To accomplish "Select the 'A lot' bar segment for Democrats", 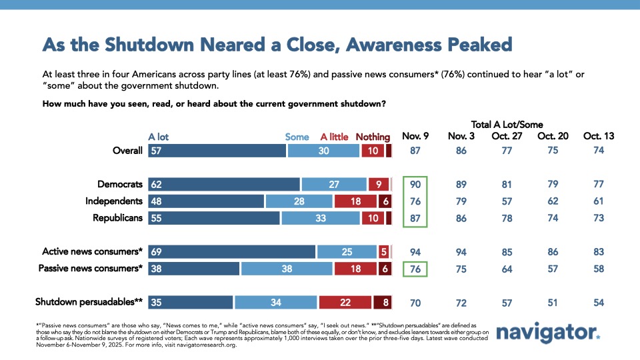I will point(223,183).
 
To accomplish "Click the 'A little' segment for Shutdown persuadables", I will point(345,301).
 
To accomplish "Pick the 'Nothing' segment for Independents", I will point(385,201).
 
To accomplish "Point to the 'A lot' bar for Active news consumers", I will point(231,251).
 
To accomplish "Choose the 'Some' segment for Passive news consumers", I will point(287,269).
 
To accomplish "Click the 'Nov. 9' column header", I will point(415,136).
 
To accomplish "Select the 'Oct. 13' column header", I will point(598,136).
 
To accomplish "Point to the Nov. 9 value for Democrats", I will point(415,183).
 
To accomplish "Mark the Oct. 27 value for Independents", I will point(507,201).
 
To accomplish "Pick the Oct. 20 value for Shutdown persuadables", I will point(552,301).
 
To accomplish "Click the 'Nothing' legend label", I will point(373,137).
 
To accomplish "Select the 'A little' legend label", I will point(334,137).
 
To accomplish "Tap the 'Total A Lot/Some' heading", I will point(507,124).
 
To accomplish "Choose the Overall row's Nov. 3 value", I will point(461,151).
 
